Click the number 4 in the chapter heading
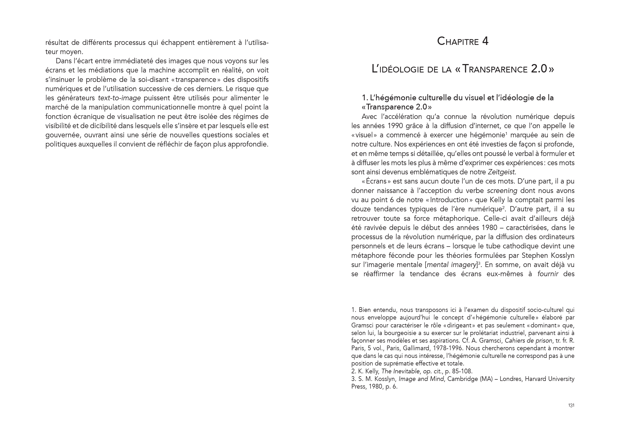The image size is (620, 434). coord(485,41)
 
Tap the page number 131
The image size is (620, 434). coord(571,405)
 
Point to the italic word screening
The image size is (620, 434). coord(502,191)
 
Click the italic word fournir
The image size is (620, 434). coord(548,274)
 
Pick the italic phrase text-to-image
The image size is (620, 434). coord(119,98)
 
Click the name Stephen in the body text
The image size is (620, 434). coord(535,255)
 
